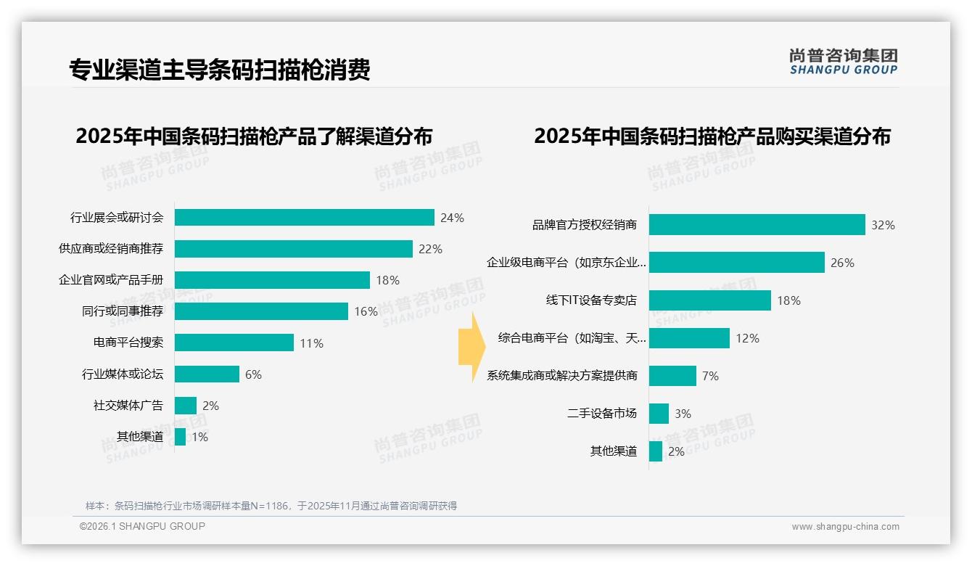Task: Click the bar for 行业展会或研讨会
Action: (x=304, y=218)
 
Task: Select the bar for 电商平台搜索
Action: (x=234, y=343)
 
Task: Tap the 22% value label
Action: (x=430, y=249)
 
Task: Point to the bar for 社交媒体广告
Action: (x=185, y=406)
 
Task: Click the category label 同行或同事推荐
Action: (x=123, y=311)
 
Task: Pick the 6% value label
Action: (x=253, y=374)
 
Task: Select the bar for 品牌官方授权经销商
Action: (x=757, y=225)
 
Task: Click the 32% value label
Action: (x=883, y=225)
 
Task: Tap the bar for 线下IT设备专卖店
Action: (x=709, y=300)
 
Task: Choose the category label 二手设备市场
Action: (x=602, y=414)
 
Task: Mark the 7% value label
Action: (x=711, y=376)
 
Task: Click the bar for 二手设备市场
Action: (x=659, y=414)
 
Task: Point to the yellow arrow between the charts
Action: (x=471, y=348)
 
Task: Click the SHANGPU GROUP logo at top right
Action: (x=843, y=61)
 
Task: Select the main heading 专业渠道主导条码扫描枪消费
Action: (x=220, y=70)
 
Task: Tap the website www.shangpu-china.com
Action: (x=845, y=527)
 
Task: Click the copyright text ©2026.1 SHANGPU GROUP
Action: (x=142, y=526)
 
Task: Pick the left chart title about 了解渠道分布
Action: (x=254, y=136)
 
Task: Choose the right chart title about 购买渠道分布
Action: (x=712, y=136)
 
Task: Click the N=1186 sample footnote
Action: (x=271, y=506)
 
